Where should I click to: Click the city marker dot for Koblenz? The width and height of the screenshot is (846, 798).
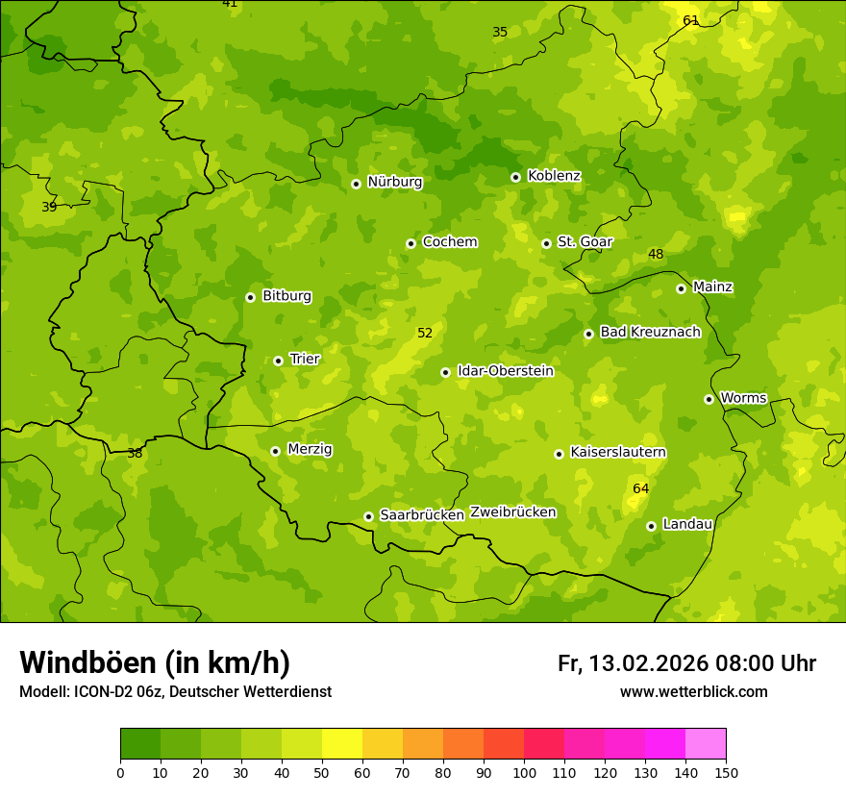515,177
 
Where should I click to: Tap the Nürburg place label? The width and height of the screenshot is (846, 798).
394,182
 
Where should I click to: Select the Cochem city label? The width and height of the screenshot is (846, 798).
449,242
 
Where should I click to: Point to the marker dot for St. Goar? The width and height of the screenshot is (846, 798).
546,243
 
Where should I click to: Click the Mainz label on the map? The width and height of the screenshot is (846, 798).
712,287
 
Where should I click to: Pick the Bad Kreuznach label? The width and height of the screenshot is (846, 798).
650,333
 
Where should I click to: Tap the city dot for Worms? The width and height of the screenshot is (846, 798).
709,399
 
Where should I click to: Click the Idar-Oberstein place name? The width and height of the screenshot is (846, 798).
505,371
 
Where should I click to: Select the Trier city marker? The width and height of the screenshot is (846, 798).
278,361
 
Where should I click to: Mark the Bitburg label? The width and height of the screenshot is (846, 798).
286,296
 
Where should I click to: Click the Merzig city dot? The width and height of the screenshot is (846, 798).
275,451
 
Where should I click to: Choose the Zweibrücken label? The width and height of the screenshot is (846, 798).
512,512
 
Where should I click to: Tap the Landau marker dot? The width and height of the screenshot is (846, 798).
651,526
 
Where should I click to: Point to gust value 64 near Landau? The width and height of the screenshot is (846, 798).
640,489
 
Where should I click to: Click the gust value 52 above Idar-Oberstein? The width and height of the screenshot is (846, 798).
425,334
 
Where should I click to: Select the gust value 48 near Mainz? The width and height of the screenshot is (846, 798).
656,255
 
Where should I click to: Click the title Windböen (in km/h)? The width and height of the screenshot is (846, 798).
155,662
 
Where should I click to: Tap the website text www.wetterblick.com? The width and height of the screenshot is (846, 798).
693,692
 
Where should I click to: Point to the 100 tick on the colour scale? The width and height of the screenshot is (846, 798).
524,771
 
